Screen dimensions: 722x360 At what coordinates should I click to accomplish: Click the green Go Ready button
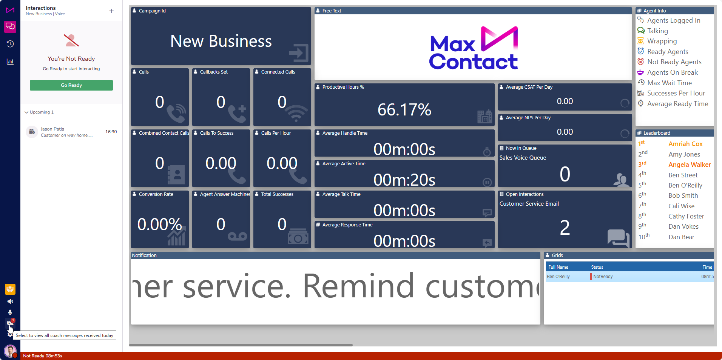[x=71, y=85]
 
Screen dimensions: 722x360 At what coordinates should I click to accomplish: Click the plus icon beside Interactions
[x=111, y=11]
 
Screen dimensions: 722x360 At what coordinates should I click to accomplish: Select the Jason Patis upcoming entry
[x=71, y=132]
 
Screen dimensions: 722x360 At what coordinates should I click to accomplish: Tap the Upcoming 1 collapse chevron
[x=26, y=112]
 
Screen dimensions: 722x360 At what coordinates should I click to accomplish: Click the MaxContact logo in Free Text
[x=474, y=48]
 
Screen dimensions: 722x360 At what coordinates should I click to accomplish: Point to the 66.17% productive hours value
[x=404, y=110]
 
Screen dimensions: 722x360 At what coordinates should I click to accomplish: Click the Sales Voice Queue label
[x=523, y=158]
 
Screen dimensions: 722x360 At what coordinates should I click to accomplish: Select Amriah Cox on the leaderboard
[x=685, y=144]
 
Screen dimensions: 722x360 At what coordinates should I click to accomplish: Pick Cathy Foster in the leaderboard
[x=686, y=216]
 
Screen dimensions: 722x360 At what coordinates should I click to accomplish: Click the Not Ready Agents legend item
[x=674, y=62]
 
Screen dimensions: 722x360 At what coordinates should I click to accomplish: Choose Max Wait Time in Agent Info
[x=670, y=83]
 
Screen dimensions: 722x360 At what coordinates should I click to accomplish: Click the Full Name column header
[x=558, y=267]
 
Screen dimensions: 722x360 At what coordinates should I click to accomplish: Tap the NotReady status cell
[x=603, y=277]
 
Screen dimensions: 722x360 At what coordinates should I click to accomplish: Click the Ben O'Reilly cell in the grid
[x=558, y=277]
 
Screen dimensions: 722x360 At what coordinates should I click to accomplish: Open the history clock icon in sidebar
[x=10, y=44]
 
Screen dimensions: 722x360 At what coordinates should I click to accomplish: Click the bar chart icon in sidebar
[x=10, y=62]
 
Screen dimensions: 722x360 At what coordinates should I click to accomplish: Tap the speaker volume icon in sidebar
[x=10, y=302]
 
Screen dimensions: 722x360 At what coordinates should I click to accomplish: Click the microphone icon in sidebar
[x=10, y=312]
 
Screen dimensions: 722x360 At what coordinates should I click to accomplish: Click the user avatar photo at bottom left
[x=10, y=351]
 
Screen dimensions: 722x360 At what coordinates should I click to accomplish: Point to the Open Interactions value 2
[x=565, y=228]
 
